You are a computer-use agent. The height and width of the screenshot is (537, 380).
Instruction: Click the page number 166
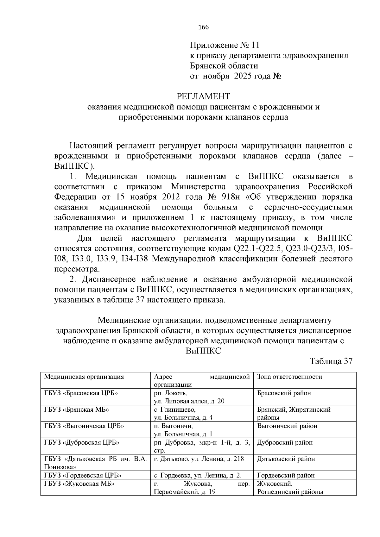click(203, 27)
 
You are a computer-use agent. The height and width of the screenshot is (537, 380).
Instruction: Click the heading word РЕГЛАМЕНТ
click(203, 96)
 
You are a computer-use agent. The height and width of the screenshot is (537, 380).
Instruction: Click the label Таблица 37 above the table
click(331, 361)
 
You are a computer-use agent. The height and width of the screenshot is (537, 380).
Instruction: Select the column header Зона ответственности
click(289, 377)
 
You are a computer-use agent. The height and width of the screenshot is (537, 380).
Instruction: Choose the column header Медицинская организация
click(84, 377)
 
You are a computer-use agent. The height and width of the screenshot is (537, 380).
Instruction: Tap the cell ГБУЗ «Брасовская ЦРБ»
click(81, 393)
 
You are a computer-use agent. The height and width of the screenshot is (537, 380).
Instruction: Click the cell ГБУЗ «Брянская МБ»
click(77, 409)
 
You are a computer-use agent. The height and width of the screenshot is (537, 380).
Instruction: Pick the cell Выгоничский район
click(287, 426)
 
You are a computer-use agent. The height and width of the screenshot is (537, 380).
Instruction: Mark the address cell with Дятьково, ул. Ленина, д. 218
click(199, 459)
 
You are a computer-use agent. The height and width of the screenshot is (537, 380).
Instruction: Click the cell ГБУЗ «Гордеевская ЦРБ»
click(83, 475)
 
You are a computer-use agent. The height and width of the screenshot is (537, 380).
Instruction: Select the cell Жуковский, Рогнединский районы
click(290, 488)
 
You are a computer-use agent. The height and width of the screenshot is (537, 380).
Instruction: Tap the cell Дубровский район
click(285, 442)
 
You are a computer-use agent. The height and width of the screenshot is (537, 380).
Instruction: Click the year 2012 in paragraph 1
click(171, 197)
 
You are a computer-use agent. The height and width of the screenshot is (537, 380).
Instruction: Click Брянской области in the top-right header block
click(224, 66)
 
